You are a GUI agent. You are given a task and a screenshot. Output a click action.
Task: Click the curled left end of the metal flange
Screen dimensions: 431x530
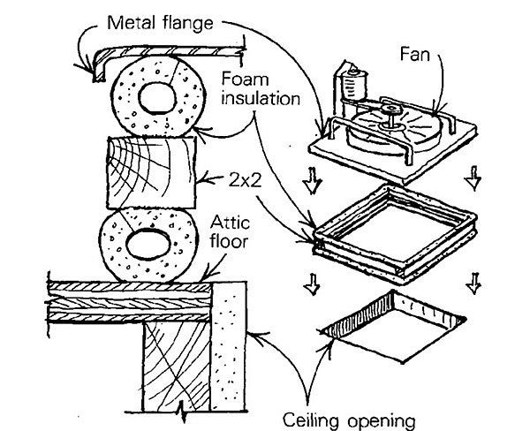(87, 62)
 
